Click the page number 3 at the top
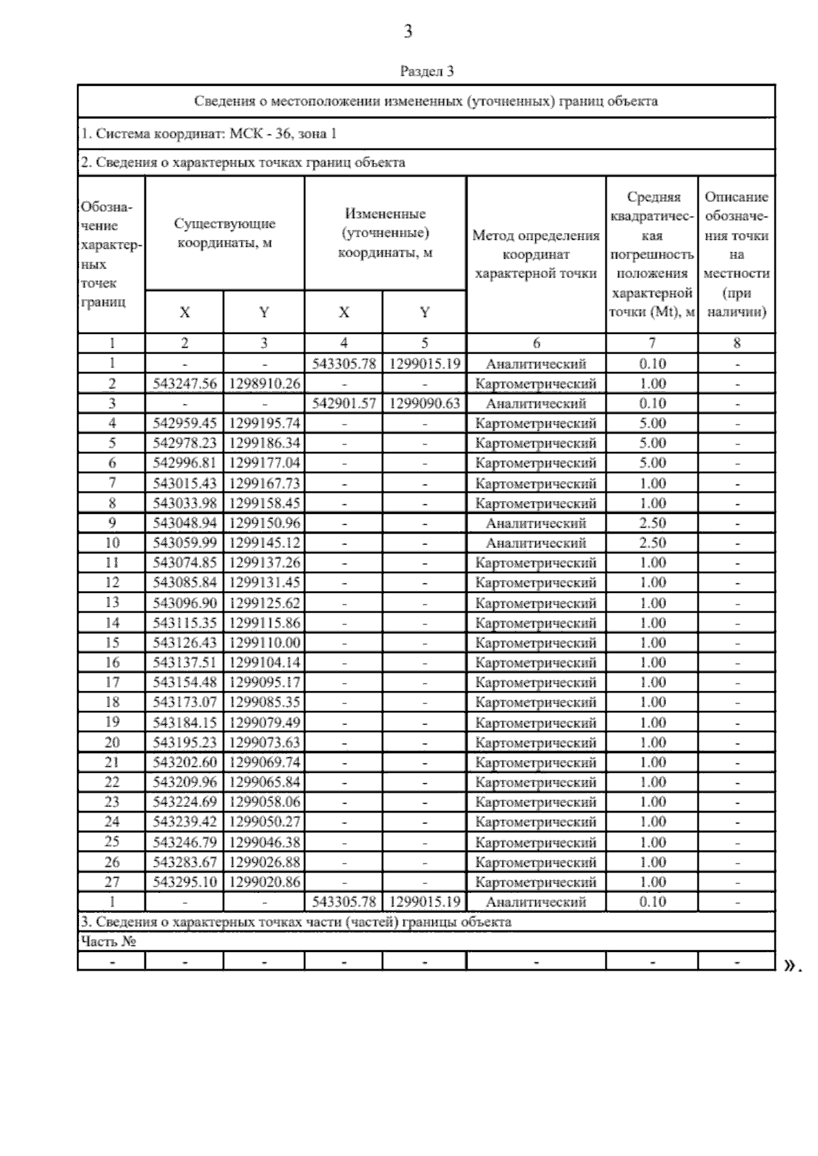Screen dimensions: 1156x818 pos(408,31)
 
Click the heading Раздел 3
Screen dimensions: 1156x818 pos(426,71)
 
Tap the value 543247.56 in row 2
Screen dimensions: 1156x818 pos(185,384)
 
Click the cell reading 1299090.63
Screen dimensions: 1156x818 pos(425,404)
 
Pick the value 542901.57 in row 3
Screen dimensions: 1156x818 pos(344,404)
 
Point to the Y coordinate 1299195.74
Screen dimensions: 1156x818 pos(264,423)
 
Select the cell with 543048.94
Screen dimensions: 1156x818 pos(185,523)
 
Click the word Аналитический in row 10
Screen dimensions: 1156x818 pos(536,543)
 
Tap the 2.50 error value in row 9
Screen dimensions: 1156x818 pos(652,523)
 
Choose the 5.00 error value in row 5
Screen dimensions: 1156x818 pos(652,443)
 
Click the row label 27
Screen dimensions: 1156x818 pos(112,882)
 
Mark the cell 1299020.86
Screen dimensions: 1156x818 pos(264,882)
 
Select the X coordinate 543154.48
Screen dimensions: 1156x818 pos(185,682)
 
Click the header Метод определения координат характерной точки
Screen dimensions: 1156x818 pos(536,255)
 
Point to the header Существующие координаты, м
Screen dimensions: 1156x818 pos(225,233)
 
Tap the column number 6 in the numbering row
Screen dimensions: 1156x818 pos(536,344)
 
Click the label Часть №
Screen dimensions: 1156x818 pos(108,941)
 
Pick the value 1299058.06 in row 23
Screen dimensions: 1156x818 pos(264,802)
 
